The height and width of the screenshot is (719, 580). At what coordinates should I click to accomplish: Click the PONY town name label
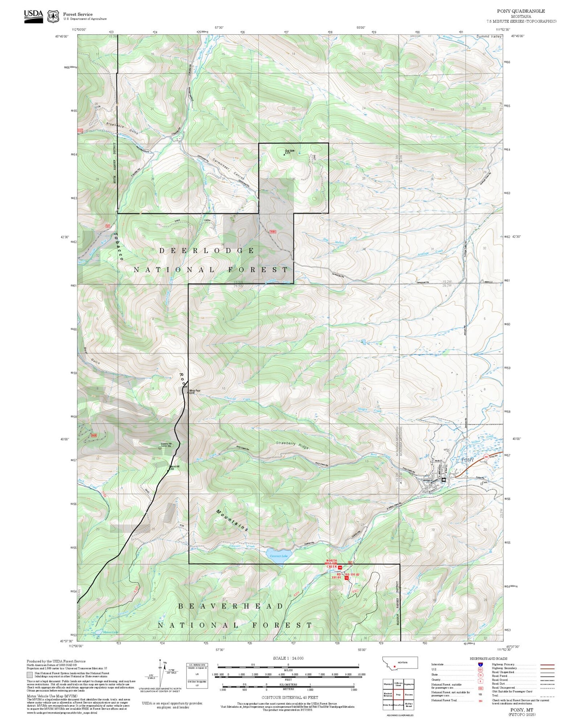468,460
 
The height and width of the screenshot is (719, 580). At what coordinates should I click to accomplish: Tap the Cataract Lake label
279,556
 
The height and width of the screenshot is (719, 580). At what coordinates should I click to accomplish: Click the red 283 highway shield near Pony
486,456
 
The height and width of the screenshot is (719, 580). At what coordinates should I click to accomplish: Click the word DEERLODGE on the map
207,250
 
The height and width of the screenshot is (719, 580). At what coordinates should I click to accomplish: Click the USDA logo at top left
33,16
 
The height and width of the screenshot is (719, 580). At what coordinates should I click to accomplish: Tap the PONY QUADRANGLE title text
527,11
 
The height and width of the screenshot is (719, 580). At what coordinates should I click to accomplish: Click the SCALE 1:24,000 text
288,658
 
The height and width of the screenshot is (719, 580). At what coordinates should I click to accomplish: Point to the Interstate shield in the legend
480,664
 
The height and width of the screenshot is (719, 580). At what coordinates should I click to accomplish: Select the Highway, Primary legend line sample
547,664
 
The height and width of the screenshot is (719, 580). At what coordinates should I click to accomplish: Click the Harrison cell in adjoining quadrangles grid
409,694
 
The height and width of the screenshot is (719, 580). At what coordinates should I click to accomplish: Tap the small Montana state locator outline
400,663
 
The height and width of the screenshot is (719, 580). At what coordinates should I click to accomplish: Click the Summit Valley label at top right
489,36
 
